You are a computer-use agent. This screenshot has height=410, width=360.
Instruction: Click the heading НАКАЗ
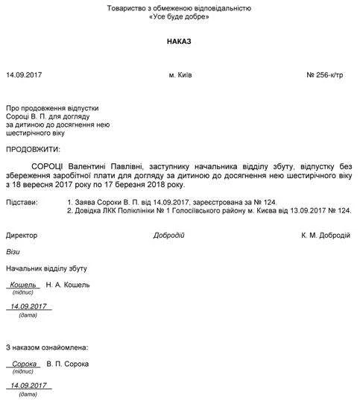click(179, 42)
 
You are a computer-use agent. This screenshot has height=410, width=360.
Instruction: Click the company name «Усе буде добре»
click(179, 16)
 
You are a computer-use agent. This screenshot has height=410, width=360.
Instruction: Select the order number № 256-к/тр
click(328, 76)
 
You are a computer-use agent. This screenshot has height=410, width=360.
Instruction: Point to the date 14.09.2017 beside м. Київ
click(25, 76)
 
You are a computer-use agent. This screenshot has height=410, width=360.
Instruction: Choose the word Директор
click(22, 235)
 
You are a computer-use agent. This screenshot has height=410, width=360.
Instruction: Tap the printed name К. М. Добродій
click(326, 235)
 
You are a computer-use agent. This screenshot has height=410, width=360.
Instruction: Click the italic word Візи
click(13, 252)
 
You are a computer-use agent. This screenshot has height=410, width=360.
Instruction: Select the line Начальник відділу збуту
click(43, 268)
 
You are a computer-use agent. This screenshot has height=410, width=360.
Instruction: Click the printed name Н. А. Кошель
click(68, 284)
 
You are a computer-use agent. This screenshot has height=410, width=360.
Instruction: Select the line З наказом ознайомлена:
click(47, 347)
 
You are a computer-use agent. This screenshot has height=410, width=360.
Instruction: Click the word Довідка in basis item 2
click(89, 211)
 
